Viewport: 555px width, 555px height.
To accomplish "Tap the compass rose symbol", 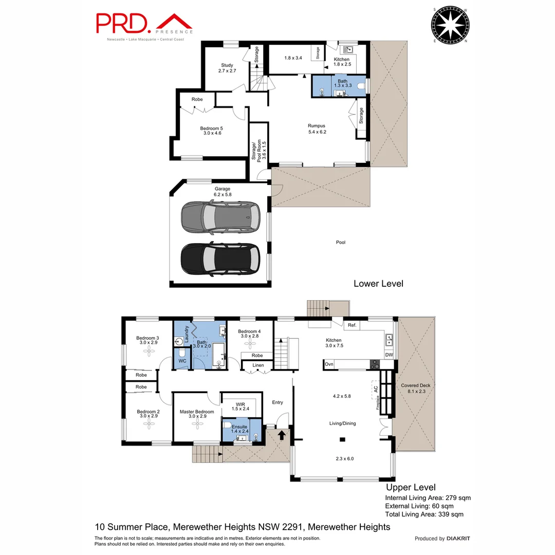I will (451, 25).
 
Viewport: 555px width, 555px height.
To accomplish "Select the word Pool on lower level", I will (341, 242).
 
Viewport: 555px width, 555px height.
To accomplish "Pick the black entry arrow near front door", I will (282, 435).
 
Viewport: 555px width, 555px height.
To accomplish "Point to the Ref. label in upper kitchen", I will (352, 325).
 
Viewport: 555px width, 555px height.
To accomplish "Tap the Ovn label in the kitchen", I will (329, 365).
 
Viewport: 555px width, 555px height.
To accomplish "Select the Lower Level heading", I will (378, 284).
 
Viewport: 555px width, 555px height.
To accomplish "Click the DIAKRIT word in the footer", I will (458, 539).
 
